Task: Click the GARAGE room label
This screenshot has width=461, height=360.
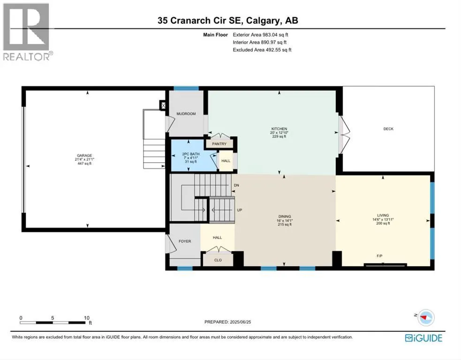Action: click(84, 156)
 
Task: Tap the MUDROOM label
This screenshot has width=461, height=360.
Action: click(186, 114)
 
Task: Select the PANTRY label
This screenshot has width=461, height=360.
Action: click(219, 144)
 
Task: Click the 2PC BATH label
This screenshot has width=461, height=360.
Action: click(191, 154)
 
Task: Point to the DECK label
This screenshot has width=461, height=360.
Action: click(388, 129)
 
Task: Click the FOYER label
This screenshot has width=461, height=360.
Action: click(185, 241)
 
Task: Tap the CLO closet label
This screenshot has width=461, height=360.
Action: click(218, 260)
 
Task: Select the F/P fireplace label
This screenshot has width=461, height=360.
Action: click(379, 256)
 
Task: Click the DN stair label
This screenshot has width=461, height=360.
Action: click(236, 186)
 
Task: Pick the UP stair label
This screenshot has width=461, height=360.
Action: click(240, 210)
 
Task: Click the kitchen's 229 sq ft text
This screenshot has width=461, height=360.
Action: click(279, 136)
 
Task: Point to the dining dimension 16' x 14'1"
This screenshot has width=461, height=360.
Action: click(285, 220)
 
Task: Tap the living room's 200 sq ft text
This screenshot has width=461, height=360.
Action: click(383, 223)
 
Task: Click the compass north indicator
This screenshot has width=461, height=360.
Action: click(425, 318)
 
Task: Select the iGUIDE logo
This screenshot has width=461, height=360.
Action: click(423, 338)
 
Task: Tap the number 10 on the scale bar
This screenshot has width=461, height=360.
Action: click(86, 318)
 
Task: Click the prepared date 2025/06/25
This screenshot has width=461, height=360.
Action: click(240, 322)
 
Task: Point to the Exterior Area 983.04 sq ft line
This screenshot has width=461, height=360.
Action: click(260, 35)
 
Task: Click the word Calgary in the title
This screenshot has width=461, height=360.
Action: click(262, 21)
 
